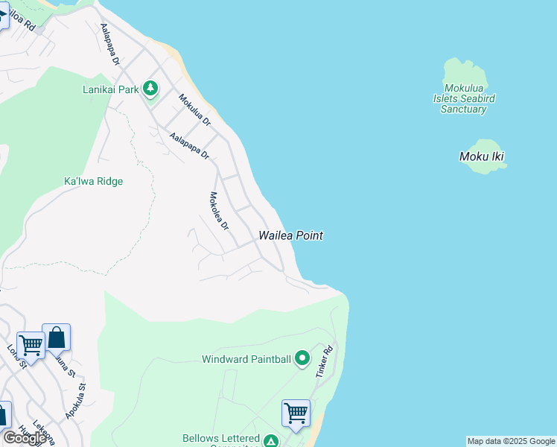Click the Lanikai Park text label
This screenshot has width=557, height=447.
[110, 90]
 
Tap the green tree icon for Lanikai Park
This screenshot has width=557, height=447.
[151, 89]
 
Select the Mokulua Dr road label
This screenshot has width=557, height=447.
[194, 110]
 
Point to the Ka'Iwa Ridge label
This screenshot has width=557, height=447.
[93, 181]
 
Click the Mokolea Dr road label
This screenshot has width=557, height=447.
[219, 211]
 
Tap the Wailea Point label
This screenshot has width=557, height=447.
[290, 235]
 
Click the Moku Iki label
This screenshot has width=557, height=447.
[486, 156]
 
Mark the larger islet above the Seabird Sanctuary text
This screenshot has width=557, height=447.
[465, 74]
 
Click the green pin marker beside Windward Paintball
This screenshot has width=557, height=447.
[302, 359]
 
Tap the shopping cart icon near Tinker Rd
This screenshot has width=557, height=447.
[296, 413]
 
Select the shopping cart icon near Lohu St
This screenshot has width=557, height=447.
[31, 345]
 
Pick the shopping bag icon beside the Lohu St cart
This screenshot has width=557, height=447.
[57, 337]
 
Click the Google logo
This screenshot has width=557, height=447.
[25, 438]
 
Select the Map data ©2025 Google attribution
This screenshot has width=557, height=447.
[511, 441]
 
